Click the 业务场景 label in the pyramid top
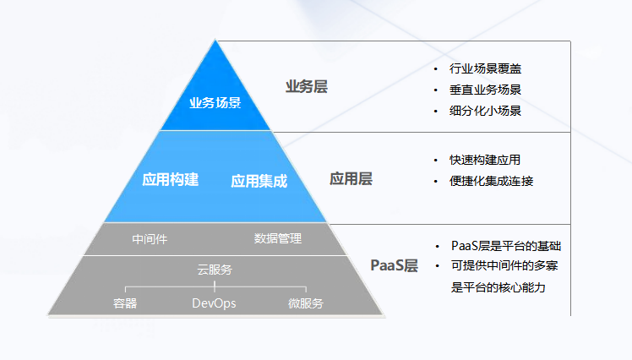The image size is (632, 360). [215, 103]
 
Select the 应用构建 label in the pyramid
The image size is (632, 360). [171, 179]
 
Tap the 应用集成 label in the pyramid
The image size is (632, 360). [259, 180]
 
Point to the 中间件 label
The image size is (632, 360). [150, 238]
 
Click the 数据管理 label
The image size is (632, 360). [277, 238]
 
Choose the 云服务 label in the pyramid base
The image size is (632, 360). [215, 270]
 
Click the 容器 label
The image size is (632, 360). [125, 303]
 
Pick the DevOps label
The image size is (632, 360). [214, 303]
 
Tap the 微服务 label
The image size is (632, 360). [305, 303]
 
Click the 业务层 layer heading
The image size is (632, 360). [307, 86]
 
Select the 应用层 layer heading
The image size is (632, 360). [351, 178]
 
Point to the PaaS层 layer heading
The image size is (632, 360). [395, 265]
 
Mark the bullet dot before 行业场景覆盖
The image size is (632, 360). [436, 68]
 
